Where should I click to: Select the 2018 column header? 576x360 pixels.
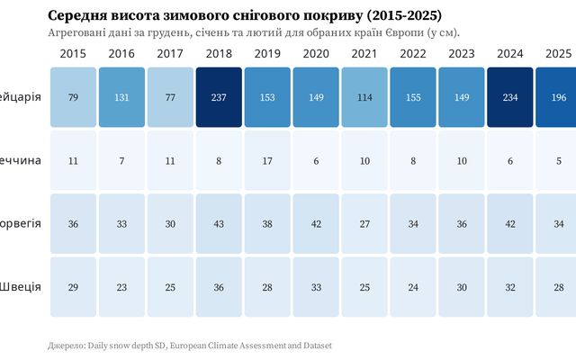click(218, 54)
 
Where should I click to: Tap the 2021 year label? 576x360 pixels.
click(364, 54)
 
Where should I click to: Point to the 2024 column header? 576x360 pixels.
click(509, 54)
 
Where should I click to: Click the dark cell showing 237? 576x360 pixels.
click(218, 97)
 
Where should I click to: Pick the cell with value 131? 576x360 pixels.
click(121, 97)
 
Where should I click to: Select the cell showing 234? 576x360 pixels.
click(509, 97)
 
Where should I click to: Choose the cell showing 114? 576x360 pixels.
click(364, 97)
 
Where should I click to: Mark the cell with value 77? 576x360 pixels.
click(169, 97)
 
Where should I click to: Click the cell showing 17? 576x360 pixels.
click(266, 160)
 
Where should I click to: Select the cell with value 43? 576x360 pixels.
click(218, 223)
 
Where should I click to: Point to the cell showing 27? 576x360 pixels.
click(364, 223)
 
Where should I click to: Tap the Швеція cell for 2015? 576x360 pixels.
click(72, 286)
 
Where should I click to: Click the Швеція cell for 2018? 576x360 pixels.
click(218, 286)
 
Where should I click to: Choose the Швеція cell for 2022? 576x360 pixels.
click(412, 286)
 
